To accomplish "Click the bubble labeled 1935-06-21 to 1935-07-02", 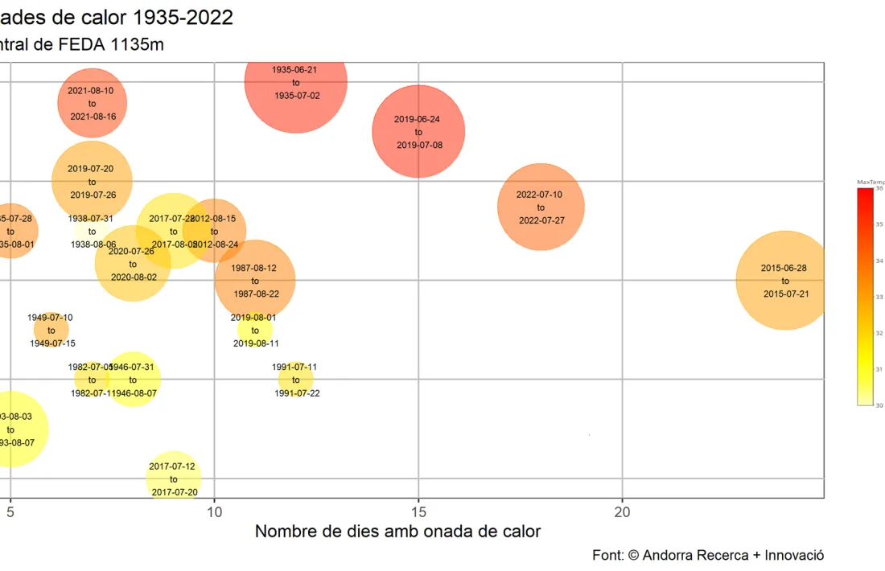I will (x=295, y=82).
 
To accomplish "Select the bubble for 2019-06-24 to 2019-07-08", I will (x=418, y=131).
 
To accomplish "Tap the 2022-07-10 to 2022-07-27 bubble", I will (x=541, y=207).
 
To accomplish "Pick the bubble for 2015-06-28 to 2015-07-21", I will (x=785, y=280).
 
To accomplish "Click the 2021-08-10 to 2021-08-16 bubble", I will (x=92, y=103).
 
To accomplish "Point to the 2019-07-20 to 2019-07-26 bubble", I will (x=92, y=181).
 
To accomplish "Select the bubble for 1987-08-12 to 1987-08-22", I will (x=255, y=280).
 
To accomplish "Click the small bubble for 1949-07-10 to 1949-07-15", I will (x=51, y=330).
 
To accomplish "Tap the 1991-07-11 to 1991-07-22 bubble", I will (x=296, y=379).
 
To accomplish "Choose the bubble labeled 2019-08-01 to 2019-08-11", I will (x=255, y=330).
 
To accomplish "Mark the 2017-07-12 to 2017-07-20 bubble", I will (x=174, y=479).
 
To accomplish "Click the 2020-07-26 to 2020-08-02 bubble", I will (x=133, y=263).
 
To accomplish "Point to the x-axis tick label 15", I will (x=418, y=511).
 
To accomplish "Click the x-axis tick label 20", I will (x=622, y=511).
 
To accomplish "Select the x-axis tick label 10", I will (x=214, y=511).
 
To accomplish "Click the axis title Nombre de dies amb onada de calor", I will (x=397, y=532).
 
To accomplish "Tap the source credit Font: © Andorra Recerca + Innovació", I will (x=707, y=555).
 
